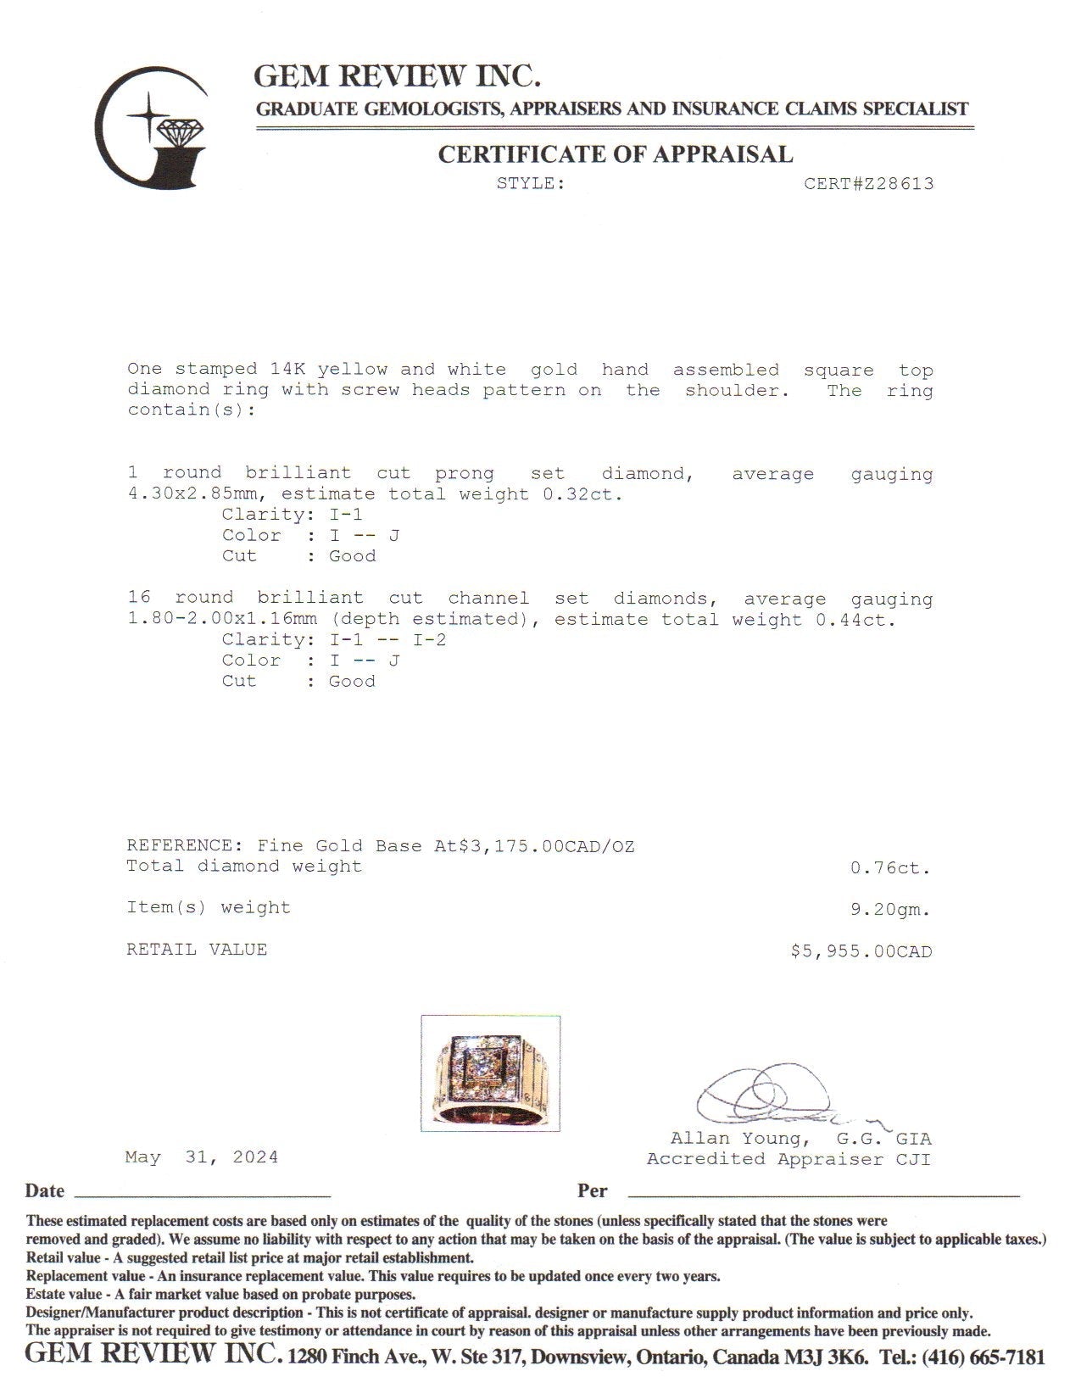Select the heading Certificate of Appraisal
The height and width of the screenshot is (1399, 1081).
coord(615,154)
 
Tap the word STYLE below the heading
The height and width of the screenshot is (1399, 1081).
coord(531,183)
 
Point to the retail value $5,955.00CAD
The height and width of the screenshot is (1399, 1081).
coord(861,951)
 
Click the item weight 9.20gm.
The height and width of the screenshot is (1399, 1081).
coord(890,910)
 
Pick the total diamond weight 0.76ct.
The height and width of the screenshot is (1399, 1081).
coord(890,868)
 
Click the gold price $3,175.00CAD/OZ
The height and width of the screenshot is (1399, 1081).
coord(546,846)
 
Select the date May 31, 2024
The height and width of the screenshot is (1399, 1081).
coord(202,1157)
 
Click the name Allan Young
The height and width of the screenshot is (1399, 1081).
coord(735,1139)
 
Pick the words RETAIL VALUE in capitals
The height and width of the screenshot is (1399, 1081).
coord(197,950)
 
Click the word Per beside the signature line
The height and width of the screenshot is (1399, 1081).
coord(593,1191)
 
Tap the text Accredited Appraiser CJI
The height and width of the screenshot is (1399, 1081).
coord(788,1159)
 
